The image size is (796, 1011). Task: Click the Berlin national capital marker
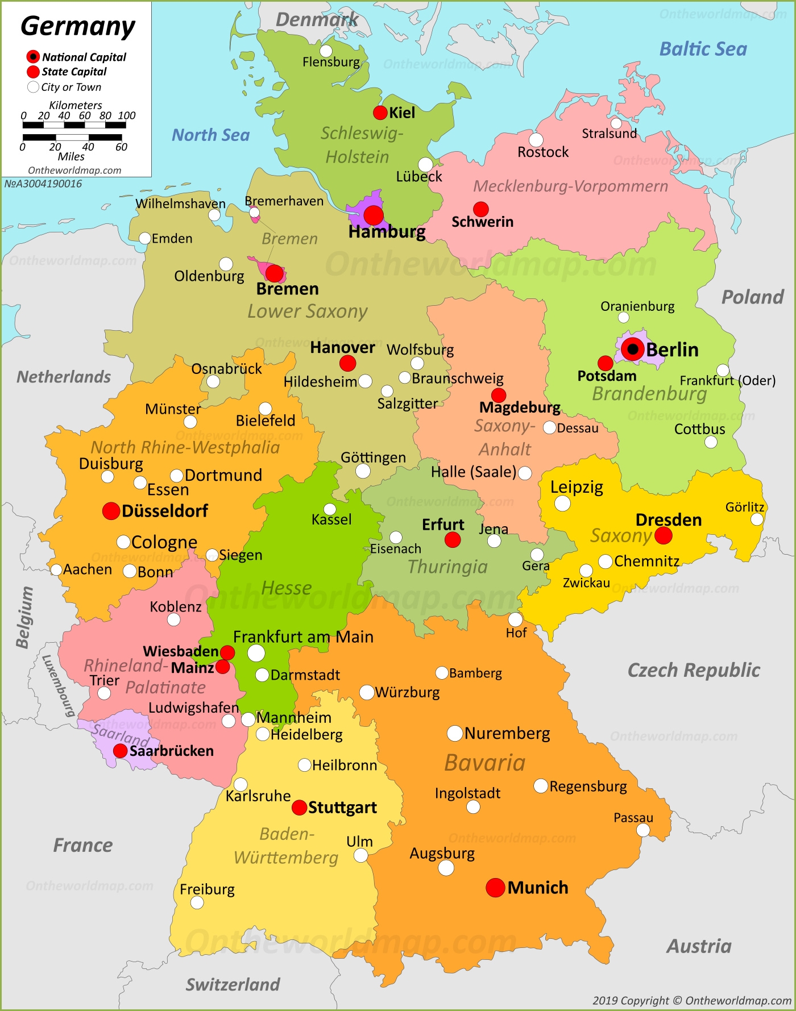[x=632, y=349]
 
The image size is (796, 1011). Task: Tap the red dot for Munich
[x=495, y=887]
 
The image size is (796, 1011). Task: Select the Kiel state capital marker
[x=380, y=113]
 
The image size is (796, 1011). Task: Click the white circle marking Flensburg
[x=326, y=51]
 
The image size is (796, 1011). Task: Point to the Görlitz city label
[x=744, y=507]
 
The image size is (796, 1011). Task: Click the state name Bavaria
[x=485, y=763]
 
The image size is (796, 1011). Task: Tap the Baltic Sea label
[x=703, y=49]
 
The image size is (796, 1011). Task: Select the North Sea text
[x=211, y=135]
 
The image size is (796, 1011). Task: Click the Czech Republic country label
[x=693, y=670]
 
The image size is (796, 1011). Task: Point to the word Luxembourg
[x=59, y=685]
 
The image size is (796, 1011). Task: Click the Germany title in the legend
[x=78, y=26]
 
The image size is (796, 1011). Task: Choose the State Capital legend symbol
[x=33, y=72]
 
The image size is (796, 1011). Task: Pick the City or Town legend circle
[x=33, y=87]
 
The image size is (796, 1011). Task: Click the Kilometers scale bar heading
[x=76, y=105]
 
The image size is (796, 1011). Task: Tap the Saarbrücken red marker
[x=120, y=751]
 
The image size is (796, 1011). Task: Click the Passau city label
[x=633, y=818]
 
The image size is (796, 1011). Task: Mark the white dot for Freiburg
[x=197, y=902]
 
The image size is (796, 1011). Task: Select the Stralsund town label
[x=609, y=134]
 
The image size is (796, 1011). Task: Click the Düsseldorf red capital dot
[x=111, y=510]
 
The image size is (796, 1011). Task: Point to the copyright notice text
[x=691, y=1001]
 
